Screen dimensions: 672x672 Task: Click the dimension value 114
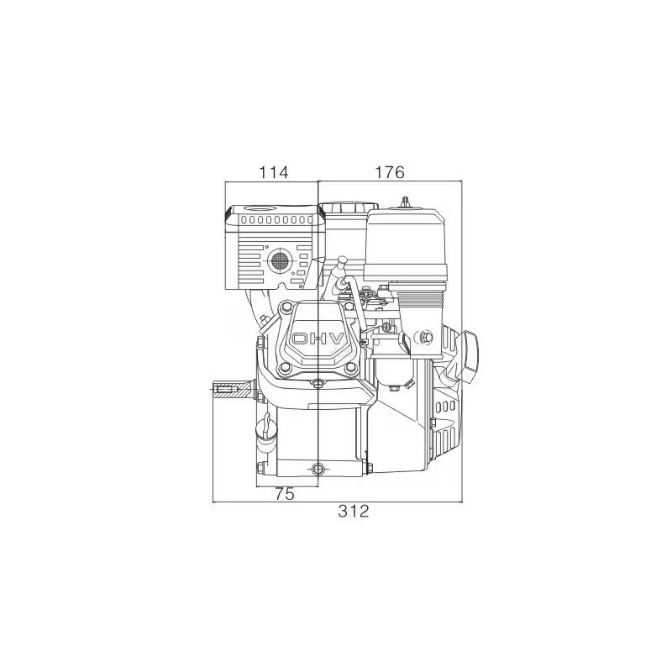(274, 172)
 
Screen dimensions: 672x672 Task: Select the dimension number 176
(390, 172)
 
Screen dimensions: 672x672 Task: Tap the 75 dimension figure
(285, 495)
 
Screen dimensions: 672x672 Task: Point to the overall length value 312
(354, 512)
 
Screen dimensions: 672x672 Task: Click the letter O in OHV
(299, 339)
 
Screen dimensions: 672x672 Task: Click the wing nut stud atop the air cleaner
(407, 202)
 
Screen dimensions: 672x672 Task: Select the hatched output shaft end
(231, 390)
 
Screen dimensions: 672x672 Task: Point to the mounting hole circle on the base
(317, 468)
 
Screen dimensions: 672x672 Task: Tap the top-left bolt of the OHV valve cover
(286, 309)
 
